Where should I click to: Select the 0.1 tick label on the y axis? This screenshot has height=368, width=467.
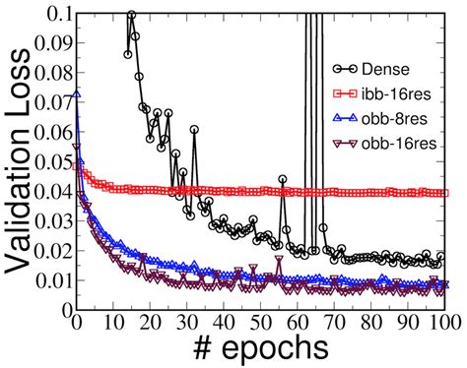[x=54, y=14]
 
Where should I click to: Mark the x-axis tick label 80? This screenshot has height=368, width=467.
[x=371, y=321]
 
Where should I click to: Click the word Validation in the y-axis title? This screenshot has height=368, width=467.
[x=17, y=198]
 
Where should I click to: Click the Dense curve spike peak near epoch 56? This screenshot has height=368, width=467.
[x=282, y=179]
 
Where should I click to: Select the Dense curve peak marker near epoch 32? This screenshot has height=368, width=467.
[x=194, y=129]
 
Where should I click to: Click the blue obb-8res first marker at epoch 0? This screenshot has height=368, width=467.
[x=76, y=94]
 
